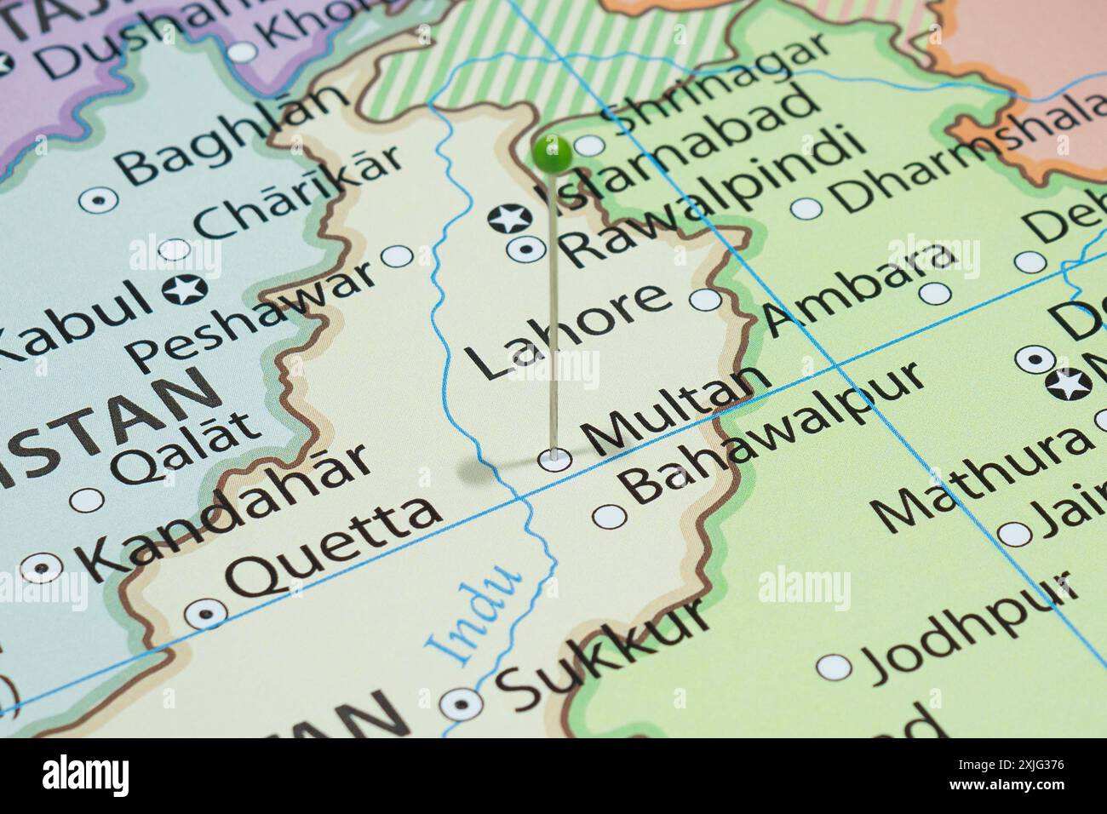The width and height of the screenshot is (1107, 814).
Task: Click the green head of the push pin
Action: coord(552,153)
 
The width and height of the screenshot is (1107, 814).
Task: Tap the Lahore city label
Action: coord(567,330)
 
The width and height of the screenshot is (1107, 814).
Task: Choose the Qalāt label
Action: coord(187,446)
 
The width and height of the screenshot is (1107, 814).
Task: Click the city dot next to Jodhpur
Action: coord(835,666)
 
